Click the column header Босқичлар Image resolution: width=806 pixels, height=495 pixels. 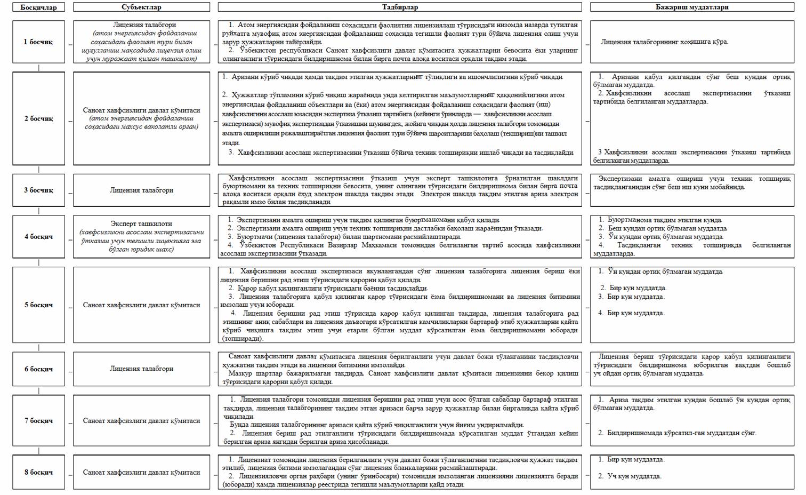pyautogui.click(x=38, y=7)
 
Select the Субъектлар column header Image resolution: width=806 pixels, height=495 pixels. pyautogui.click(x=141, y=7)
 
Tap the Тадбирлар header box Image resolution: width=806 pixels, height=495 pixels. pyautogui.click(x=400, y=7)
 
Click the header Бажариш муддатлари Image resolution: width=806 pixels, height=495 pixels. pyautogui.click(x=692, y=7)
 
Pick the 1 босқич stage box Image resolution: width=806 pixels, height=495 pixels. pyautogui.click(x=38, y=42)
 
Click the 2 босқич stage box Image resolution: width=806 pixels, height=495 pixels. pyautogui.click(x=38, y=118)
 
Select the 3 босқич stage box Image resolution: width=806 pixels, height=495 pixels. pyautogui.click(x=38, y=190)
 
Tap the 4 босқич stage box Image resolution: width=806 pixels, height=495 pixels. pyautogui.click(x=38, y=236)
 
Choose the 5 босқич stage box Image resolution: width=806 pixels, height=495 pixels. pyautogui.click(x=38, y=305)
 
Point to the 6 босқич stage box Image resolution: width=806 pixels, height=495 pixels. pyautogui.click(x=38, y=369)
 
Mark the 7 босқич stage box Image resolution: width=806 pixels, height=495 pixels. pyautogui.click(x=38, y=421)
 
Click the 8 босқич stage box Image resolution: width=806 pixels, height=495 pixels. pyautogui.click(x=38, y=472)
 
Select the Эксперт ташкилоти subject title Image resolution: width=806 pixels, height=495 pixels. pyautogui.click(x=141, y=224)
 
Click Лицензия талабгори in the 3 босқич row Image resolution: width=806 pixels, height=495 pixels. pyautogui.click(x=141, y=190)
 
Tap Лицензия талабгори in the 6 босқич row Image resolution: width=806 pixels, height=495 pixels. pyautogui.click(x=141, y=369)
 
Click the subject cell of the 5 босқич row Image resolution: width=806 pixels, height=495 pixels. pyautogui.click(x=141, y=305)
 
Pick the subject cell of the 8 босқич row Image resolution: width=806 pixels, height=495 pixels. pyautogui.click(x=141, y=472)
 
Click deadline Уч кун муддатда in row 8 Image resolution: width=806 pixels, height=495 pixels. pyautogui.click(x=634, y=476)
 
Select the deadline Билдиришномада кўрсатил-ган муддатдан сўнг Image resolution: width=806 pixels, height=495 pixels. pyautogui.click(x=681, y=433)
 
